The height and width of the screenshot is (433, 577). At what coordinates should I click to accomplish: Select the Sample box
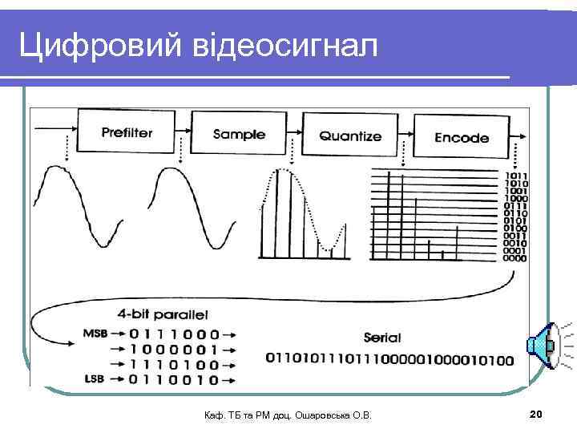coord(239,134)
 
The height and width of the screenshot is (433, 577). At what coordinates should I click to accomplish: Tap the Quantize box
coord(350,136)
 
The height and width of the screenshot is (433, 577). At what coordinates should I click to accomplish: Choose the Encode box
coord(462,137)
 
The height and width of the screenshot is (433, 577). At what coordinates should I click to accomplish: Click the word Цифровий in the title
coord(99,47)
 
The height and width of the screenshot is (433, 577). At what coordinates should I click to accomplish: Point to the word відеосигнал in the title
coord(284,47)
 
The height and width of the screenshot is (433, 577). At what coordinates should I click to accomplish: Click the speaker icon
coord(540,346)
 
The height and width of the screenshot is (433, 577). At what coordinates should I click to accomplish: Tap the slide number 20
coord(536,414)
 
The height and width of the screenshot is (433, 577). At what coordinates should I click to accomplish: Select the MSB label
coord(95,333)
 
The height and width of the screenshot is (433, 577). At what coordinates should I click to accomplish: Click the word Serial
coord(381,338)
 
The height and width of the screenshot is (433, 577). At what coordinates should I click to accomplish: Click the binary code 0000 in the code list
coord(515,258)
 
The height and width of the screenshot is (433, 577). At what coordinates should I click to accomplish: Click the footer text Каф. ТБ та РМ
coord(240,415)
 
